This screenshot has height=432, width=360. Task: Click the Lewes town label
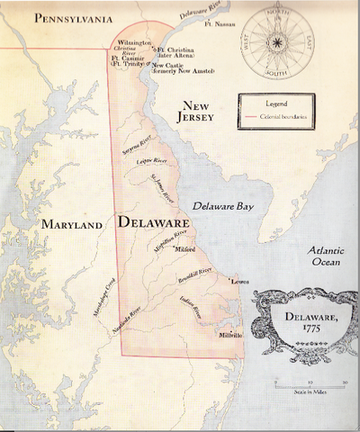coord(239,282)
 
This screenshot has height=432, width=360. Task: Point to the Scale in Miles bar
coord(309,382)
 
